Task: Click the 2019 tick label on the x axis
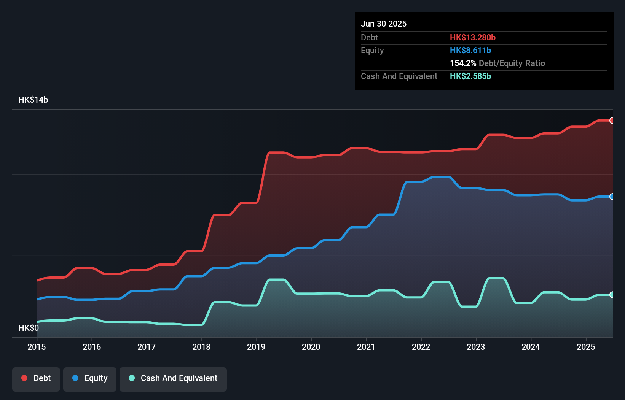click(256, 347)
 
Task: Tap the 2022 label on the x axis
click(421, 347)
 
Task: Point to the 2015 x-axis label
click(37, 347)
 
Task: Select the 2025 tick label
click(586, 347)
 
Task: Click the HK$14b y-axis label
click(33, 100)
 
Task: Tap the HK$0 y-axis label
click(29, 328)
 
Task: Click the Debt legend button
click(36, 378)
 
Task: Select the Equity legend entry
click(90, 378)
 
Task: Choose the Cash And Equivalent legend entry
click(173, 378)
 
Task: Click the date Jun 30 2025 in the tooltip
click(384, 24)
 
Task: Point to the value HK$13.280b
click(472, 37)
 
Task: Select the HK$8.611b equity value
click(470, 50)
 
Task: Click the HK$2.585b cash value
click(470, 76)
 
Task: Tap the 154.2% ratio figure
click(463, 63)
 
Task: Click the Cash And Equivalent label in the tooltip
click(399, 76)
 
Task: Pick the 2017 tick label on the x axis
click(147, 347)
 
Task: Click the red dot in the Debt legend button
click(24, 378)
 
